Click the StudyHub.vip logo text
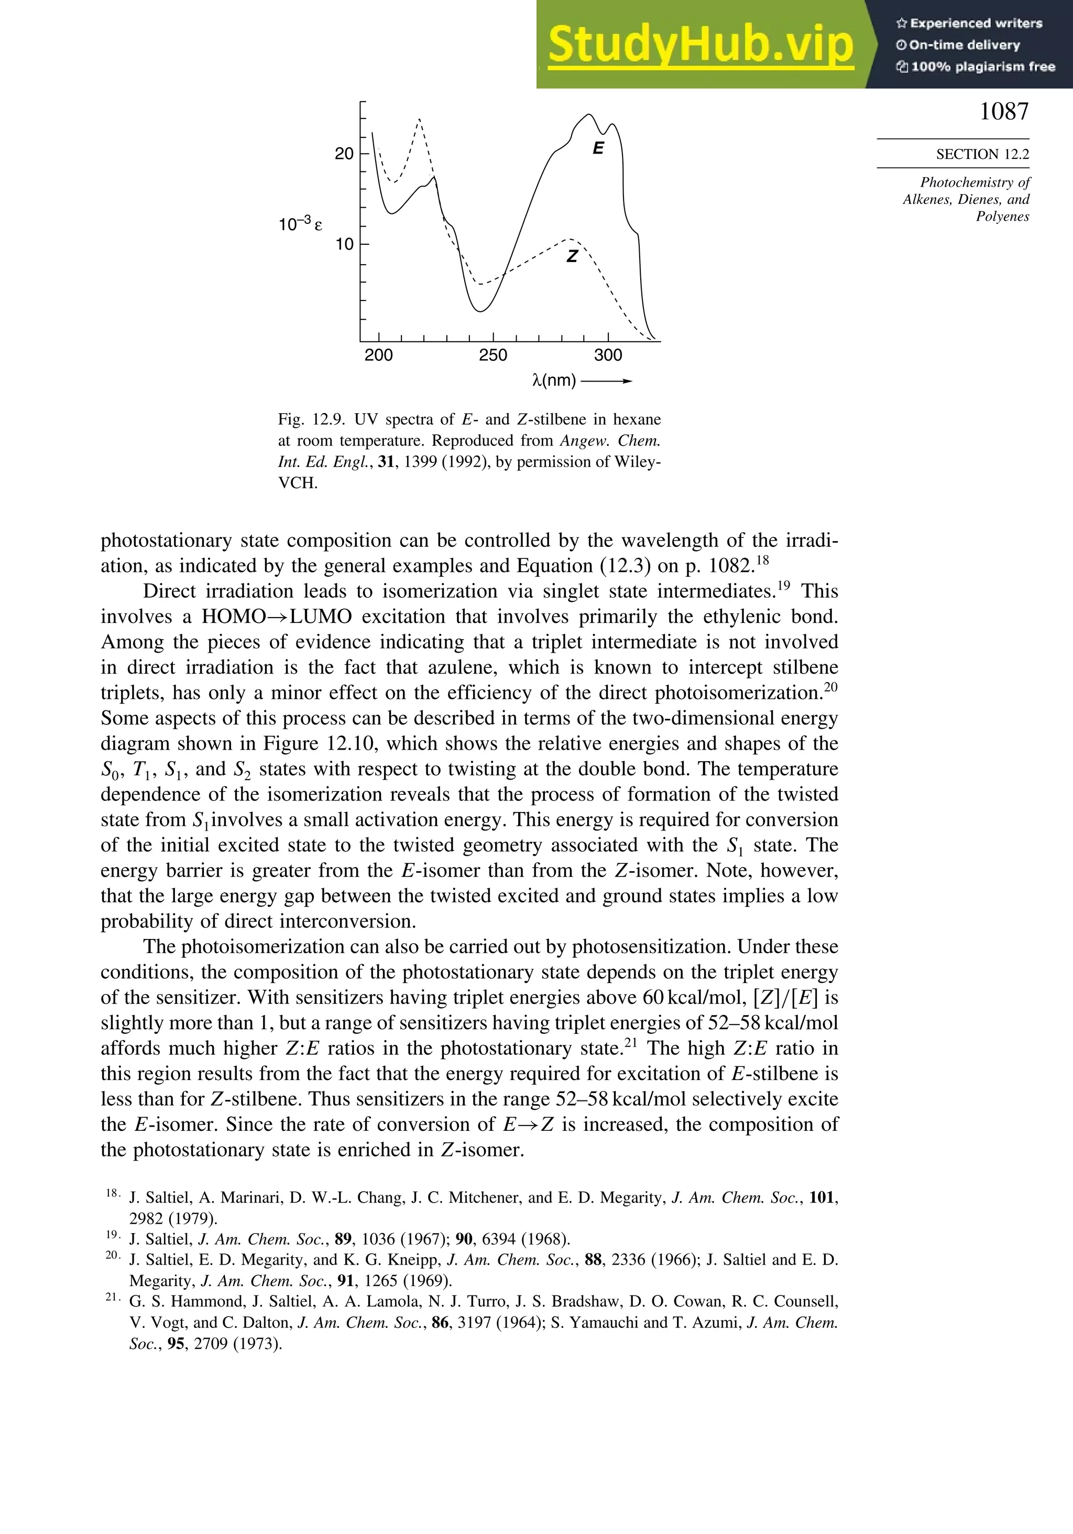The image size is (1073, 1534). click(x=700, y=44)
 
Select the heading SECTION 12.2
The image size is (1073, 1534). click(x=982, y=154)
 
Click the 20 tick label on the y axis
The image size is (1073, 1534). click(x=344, y=154)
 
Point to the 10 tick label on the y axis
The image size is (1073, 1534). click(x=344, y=244)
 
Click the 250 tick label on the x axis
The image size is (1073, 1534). click(x=493, y=355)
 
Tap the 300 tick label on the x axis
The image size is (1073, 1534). click(x=608, y=355)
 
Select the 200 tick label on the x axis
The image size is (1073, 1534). click(x=379, y=355)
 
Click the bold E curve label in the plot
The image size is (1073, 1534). click(x=598, y=148)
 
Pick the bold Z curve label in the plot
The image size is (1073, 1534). click(x=572, y=256)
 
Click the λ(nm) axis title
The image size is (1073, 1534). click(x=554, y=381)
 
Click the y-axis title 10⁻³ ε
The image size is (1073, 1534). click(x=300, y=224)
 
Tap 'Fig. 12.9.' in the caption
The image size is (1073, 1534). click(x=311, y=419)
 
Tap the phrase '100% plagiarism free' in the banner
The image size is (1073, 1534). click(x=982, y=67)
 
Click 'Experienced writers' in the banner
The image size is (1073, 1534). click(x=976, y=24)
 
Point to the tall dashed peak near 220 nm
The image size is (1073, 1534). click(x=419, y=120)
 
